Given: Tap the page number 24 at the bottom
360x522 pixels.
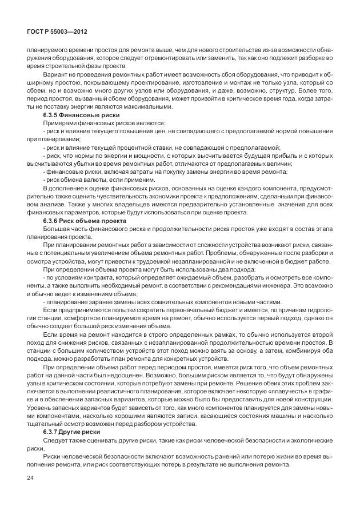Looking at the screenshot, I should point(22,492).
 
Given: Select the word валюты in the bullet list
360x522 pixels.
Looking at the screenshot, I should point(86,180).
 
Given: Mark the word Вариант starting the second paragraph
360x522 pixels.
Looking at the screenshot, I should point(55,74).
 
